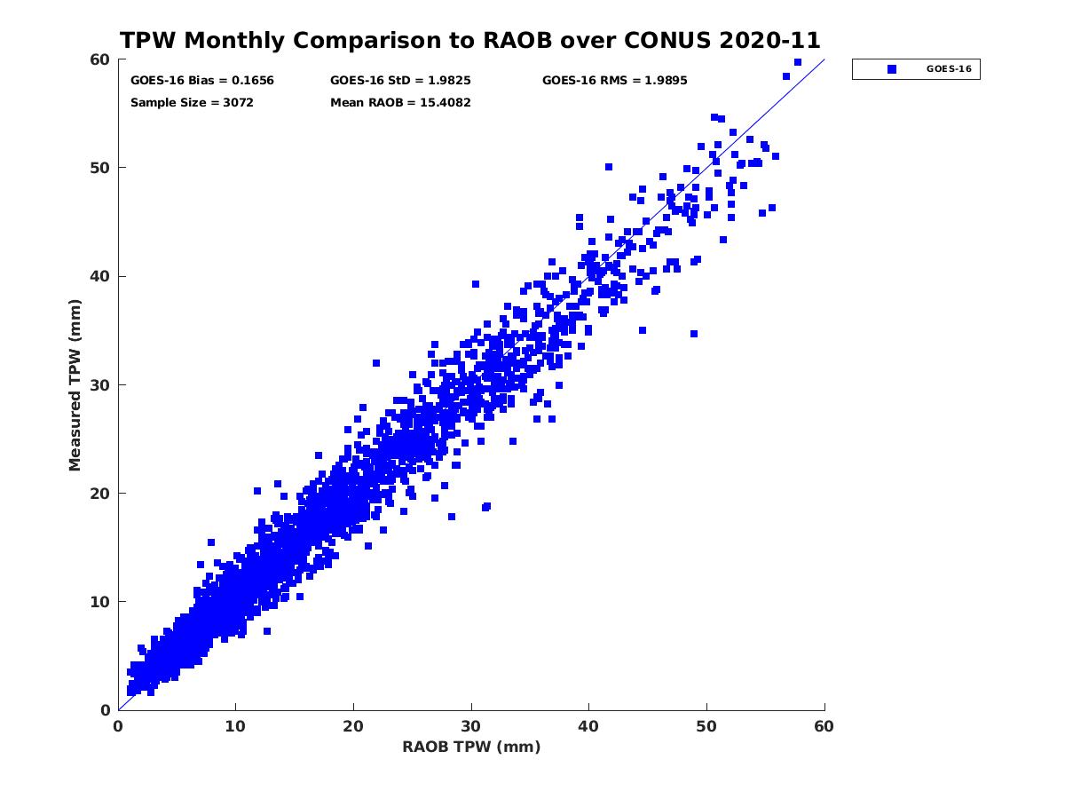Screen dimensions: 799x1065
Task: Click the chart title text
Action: point(470,41)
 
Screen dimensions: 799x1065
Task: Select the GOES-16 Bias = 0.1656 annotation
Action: point(202,81)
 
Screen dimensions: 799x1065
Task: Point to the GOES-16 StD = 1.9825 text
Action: point(400,81)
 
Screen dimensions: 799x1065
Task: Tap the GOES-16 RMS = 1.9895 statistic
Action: point(614,81)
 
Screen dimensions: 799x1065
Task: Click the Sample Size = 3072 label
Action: point(192,103)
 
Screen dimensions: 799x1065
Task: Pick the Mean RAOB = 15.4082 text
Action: point(400,103)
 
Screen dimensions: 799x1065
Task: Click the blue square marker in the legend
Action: point(892,69)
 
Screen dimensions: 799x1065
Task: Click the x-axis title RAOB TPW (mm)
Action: point(471,748)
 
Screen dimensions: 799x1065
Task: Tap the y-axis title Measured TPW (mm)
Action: point(75,384)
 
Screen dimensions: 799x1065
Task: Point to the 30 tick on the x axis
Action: point(471,727)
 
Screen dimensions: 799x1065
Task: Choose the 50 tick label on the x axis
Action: point(706,727)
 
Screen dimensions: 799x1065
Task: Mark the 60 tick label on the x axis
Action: point(824,727)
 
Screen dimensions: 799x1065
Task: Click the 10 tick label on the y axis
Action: point(99,602)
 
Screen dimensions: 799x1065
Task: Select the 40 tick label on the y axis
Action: point(99,276)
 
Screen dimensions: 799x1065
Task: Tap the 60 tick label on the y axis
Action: point(99,59)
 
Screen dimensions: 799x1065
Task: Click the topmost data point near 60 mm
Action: point(798,62)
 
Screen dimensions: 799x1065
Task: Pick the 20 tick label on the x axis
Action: point(353,727)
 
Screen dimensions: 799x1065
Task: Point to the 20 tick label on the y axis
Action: point(99,494)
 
